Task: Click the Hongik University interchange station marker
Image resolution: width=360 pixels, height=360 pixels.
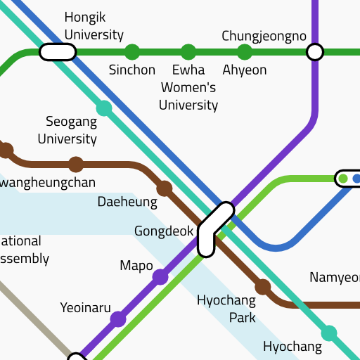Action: [58, 52]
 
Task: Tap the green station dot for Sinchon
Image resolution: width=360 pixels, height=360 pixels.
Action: [132, 52]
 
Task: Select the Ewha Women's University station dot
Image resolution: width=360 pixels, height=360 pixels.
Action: [188, 52]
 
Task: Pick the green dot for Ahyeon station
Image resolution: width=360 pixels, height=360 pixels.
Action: [245, 52]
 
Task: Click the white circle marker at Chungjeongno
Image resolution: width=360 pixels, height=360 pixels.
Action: [315, 52]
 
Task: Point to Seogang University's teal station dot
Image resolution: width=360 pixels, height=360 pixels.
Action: [104, 108]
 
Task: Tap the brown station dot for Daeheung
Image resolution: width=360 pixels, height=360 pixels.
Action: [165, 188]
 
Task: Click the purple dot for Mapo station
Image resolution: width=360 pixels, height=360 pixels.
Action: [160, 277]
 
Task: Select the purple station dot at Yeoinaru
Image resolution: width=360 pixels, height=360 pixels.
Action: [118, 319]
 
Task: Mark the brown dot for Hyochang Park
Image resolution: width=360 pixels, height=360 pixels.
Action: [263, 287]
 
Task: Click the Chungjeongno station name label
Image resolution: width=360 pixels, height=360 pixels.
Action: [264, 35]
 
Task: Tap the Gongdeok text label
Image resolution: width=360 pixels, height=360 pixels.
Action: [164, 231]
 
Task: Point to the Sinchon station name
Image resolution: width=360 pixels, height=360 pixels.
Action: [132, 70]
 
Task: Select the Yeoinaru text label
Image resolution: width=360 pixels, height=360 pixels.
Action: [86, 307]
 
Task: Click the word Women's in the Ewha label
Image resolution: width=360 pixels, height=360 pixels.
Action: [188, 87]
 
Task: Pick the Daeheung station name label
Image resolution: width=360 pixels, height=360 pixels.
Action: [127, 202]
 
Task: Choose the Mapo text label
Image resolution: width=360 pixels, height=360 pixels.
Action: [136, 265]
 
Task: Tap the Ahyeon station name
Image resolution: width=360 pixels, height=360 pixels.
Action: [245, 70]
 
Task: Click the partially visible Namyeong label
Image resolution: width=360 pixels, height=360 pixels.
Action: [335, 277]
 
